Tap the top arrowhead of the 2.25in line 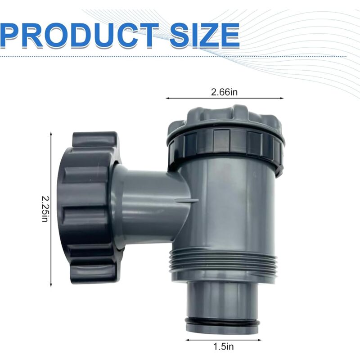point(51,134)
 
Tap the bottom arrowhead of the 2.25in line point(51,284)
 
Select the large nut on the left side point(90,207)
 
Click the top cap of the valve point(225,118)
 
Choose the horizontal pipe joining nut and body point(148,198)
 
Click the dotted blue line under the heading point(135,56)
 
